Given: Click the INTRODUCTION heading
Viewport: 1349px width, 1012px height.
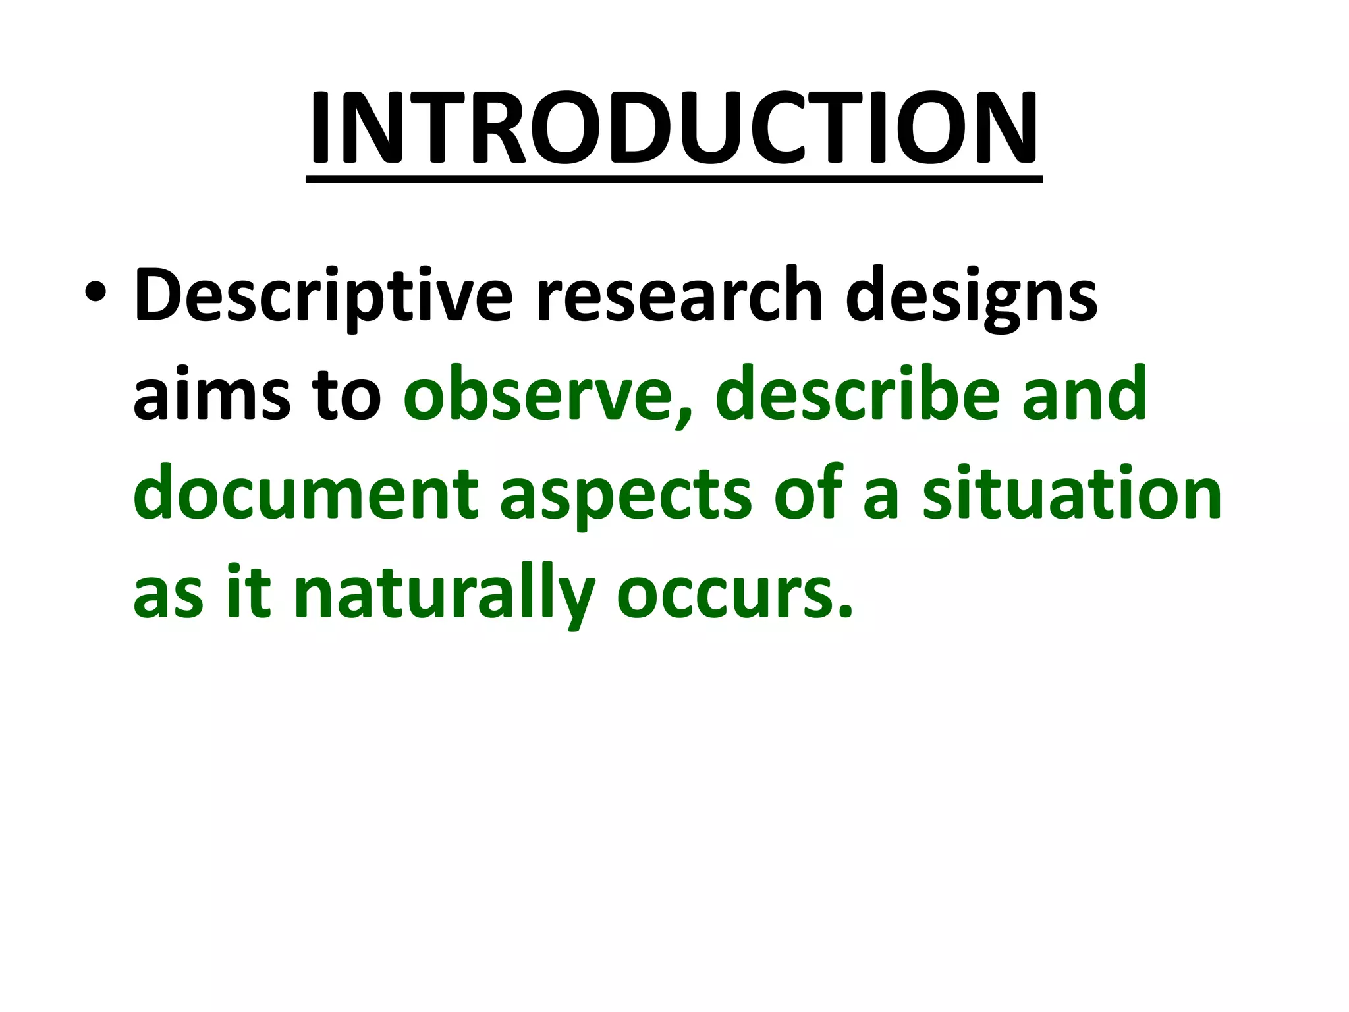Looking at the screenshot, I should [x=673, y=128].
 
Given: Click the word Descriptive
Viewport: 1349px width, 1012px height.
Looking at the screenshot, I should [x=323, y=296].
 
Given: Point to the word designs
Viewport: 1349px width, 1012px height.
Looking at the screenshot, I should [x=971, y=298].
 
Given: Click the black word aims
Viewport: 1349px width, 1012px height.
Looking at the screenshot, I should [x=211, y=395].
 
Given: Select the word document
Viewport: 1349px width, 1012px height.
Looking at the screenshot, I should [x=306, y=494].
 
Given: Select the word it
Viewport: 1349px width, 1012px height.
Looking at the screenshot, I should [x=248, y=593].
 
